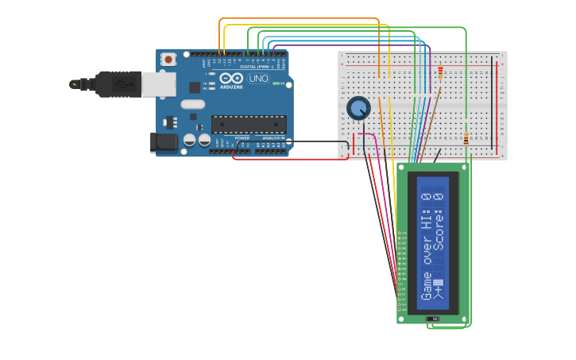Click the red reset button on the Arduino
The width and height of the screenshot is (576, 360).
[x=168, y=59]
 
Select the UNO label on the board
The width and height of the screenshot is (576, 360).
[x=258, y=79]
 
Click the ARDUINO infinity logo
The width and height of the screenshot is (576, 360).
[x=231, y=79]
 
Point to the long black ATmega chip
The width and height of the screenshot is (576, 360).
[x=249, y=124]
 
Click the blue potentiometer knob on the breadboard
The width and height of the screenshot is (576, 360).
[x=358, y=107]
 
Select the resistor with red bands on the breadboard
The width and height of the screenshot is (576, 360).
[x=441, y=74]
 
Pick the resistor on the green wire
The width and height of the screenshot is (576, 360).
[x=466, y=139]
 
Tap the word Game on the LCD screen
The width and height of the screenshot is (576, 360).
[x=427, y=286]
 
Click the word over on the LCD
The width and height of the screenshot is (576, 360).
[x=427, y=250]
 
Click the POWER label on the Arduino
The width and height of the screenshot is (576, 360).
[x=242, y=137]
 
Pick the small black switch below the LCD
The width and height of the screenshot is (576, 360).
[x=433, y=319]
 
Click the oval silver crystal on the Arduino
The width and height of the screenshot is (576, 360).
[x=192, y=104]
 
